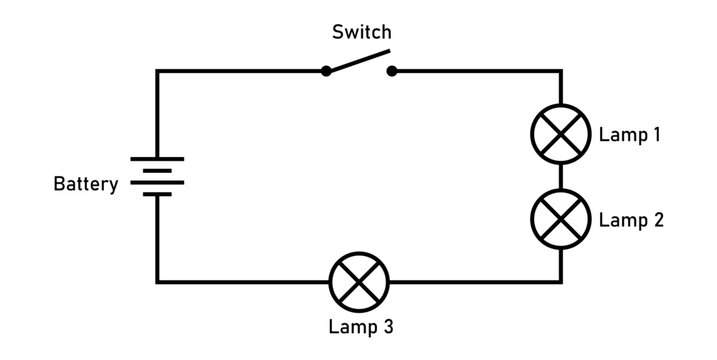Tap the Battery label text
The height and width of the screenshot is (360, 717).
tap(86, 184)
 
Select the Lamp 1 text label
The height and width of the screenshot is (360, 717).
tap(629, 134)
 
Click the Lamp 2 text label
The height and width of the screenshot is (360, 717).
tap(629, 219)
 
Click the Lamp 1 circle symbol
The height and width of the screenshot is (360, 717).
tap(560, 134)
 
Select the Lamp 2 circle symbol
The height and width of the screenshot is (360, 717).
tap(560, 218)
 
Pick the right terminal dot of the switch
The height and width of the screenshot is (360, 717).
tap(391, 71)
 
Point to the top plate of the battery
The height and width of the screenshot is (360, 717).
tap(157, 161)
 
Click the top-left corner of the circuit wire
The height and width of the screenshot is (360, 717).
tap(157, 71)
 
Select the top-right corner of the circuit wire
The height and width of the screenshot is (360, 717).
tap(560, 71)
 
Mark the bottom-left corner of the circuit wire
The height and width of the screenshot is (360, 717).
tap(157, 281)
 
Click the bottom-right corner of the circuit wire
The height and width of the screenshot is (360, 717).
tap(560, 281)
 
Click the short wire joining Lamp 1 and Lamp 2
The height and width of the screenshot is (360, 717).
tap(560, 176)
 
